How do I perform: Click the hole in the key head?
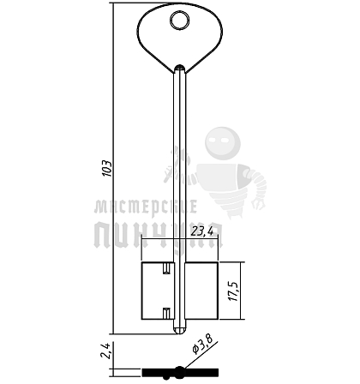tap(180, 21)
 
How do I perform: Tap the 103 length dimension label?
tap(107, 168)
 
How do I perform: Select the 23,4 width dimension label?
tap(202, 231)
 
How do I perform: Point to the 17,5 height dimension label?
tap(233, 291)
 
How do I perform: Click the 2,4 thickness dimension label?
tap(105, 351)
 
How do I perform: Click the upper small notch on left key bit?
tap(166, 269)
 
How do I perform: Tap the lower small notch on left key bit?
tap(166, 313)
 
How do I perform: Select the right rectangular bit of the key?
tap(201, 291)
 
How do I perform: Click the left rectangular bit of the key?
tap(158, 291)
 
